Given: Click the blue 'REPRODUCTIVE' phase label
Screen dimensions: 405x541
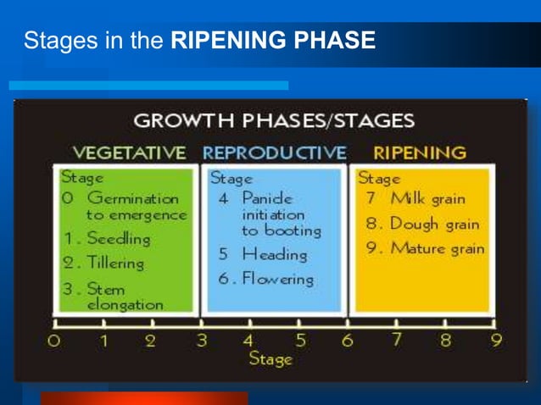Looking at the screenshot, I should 274,153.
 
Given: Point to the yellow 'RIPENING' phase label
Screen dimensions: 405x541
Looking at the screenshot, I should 420,153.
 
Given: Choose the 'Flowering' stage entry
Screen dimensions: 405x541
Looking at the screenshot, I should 265,278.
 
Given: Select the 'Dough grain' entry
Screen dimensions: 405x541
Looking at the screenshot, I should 422,225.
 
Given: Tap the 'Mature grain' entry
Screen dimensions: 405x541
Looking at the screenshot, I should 426,249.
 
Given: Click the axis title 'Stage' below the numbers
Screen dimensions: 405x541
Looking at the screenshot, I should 270,359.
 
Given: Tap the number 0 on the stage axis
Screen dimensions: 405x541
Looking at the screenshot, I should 55,341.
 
